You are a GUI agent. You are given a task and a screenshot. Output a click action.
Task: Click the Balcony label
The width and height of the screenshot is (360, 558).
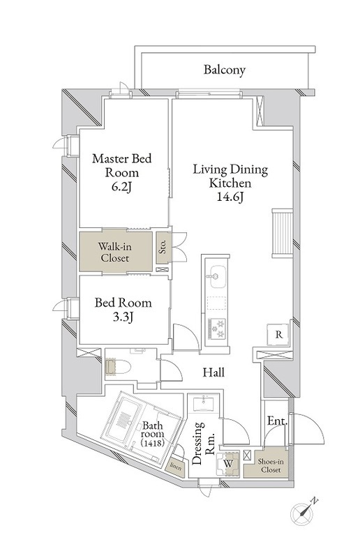pos(225,70)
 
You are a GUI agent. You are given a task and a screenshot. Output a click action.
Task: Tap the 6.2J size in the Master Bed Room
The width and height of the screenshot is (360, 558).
pos(122,187)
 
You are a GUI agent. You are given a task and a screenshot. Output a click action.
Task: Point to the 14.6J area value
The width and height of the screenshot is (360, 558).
pos(230,197)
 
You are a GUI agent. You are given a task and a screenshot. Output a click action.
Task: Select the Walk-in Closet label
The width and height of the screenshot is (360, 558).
pos(114,252)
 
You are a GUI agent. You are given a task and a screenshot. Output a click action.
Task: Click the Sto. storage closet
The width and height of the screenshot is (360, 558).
pos(163,248)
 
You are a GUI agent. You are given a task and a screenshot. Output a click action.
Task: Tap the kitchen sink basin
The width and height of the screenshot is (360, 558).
pos(218,277)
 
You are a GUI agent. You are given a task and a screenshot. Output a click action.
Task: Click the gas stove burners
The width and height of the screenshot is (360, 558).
pos(217,329)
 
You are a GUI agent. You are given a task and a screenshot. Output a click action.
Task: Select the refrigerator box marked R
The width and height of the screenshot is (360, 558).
pos(279,335)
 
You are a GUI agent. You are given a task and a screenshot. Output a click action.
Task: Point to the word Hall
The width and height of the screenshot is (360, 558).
pos(213,372)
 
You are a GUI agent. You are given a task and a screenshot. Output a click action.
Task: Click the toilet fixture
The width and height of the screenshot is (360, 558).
pos(118,368)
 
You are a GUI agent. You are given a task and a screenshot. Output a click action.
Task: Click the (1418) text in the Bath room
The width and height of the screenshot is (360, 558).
pos(152,443)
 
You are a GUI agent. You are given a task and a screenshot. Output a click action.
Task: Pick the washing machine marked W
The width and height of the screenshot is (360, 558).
pos(228,463)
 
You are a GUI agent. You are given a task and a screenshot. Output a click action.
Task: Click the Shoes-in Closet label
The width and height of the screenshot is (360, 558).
pos(271,466)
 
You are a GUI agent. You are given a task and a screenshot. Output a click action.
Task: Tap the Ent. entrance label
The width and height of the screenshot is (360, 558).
pos(278,421)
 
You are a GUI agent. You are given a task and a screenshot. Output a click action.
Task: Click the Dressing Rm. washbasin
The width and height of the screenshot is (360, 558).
pos(204,404)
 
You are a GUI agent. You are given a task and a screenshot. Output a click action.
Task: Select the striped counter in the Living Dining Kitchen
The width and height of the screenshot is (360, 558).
pos(283,233)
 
